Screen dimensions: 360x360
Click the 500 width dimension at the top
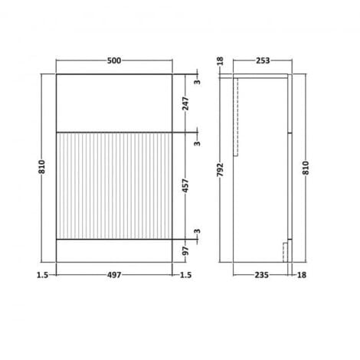click(114, 61)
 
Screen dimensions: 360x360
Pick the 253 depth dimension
click(261, 61)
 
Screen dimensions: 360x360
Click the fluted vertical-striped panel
click(114, 185)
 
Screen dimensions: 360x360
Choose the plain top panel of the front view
click(114, 103)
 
